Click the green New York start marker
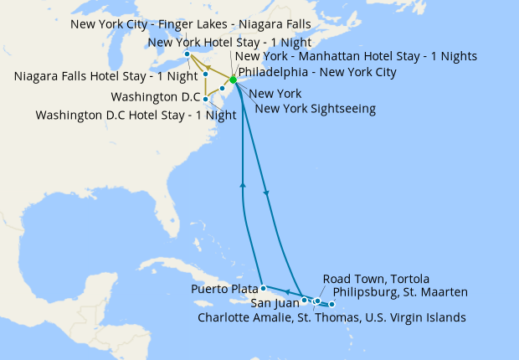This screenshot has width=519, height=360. click(x=233, y=80)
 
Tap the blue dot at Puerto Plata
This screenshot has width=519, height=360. click(x=263, y=288)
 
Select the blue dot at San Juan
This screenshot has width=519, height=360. click(x=304, y=299)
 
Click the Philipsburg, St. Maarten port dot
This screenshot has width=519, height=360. click(x=333, y=304)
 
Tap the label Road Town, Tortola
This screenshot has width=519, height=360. click(x=376, y=278)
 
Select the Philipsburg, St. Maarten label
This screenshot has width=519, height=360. click(x=400, y=291)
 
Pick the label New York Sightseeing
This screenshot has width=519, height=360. click(x=316, y=108)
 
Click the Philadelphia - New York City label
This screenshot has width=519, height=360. click(x=317, y=73)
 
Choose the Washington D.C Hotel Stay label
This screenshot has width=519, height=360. click(x=136, y=115)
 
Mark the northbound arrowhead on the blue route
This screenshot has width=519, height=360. click(x=243, y=185)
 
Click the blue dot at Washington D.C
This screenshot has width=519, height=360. click(x=205, y=100)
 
